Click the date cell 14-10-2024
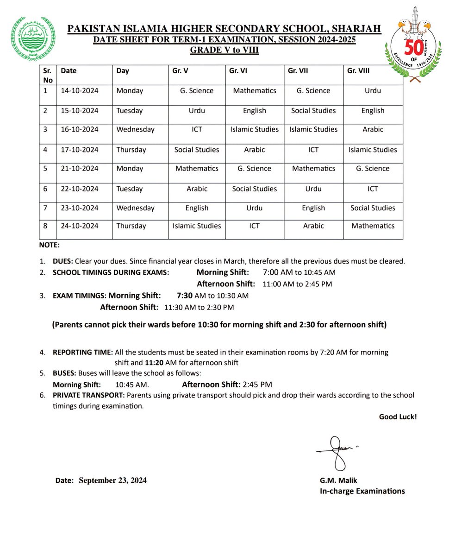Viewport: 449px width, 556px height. point(80,91)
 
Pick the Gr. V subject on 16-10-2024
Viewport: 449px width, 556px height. point(197,130)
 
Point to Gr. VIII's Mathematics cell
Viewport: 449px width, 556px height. point(373,226)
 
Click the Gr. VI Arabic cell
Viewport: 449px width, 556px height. point(254,150)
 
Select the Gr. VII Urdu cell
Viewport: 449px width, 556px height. point(313,189)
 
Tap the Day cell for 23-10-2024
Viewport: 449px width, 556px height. point(135,208)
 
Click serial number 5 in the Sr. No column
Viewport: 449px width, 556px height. point(45,169)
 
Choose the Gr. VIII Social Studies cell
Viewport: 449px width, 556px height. point(373,208)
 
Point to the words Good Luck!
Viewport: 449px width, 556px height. point(398,417)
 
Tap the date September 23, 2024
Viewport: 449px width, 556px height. point(112,480)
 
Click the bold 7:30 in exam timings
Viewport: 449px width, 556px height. point(184,296)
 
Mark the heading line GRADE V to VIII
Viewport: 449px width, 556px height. point(224,51)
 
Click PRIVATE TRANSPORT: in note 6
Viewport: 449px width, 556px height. point(88,395)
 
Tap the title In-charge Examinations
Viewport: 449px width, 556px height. point(362,491)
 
